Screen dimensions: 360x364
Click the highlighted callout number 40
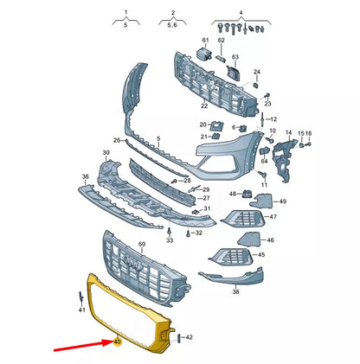point(117,342)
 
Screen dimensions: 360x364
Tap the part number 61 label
point(205,40)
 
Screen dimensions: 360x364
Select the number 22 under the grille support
point(204,105)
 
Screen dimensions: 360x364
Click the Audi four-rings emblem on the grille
point(132,263)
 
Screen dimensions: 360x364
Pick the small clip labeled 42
point(178,338)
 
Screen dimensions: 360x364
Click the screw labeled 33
point(170,231)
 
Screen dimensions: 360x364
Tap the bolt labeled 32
point(188,233)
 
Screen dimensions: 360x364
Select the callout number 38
point(235,291)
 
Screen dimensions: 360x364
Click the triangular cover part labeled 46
point(249,239)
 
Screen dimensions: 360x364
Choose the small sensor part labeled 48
point(246,194)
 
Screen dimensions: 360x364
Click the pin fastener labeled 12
point(263,118)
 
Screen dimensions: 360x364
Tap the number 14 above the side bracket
point(289,132)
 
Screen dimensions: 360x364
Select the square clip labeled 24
point(256,85)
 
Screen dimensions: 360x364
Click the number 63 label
point(235,57)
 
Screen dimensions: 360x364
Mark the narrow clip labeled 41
point(81,298)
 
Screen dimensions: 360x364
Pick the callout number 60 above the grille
point(142,244)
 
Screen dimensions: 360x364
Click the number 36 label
point(86,176)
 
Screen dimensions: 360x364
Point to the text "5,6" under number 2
point(172,25)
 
